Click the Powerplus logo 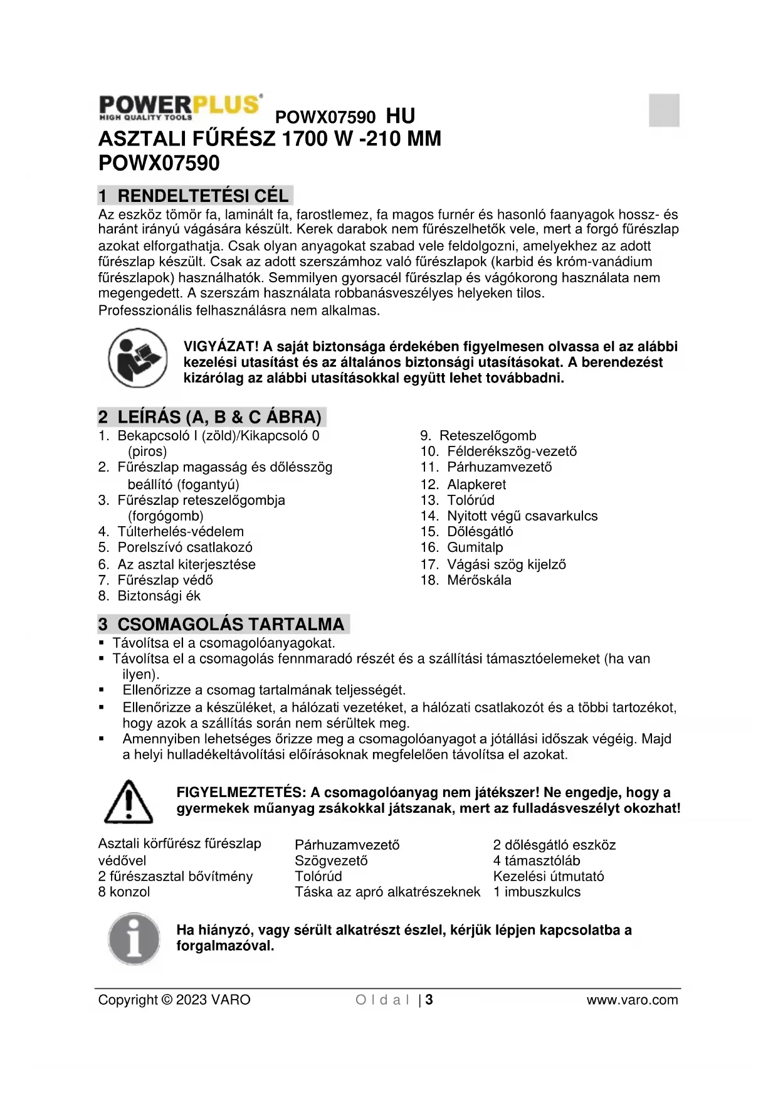coord(180,107)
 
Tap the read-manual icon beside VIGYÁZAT coord(137,358)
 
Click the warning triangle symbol coord(129,801)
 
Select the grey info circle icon coord(134,939)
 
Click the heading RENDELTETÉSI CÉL coord(202,196)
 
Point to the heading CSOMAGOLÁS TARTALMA coord(230,625)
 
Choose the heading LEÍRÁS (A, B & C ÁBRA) coord(219,417)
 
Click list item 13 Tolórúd coord(470,500)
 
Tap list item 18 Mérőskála coord(478,580)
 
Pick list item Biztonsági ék coord(159,596)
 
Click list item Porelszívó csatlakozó coord(184,547)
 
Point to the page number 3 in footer coord(429,1000)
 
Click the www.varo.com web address coord(632,1000)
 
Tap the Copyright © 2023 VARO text coord(174,1000)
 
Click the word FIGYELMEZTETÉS coord(241,793)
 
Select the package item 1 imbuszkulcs coord(537,892)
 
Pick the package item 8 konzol coord(124,892)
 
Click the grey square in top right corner coord(664,110)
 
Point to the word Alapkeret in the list coord(476,485)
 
